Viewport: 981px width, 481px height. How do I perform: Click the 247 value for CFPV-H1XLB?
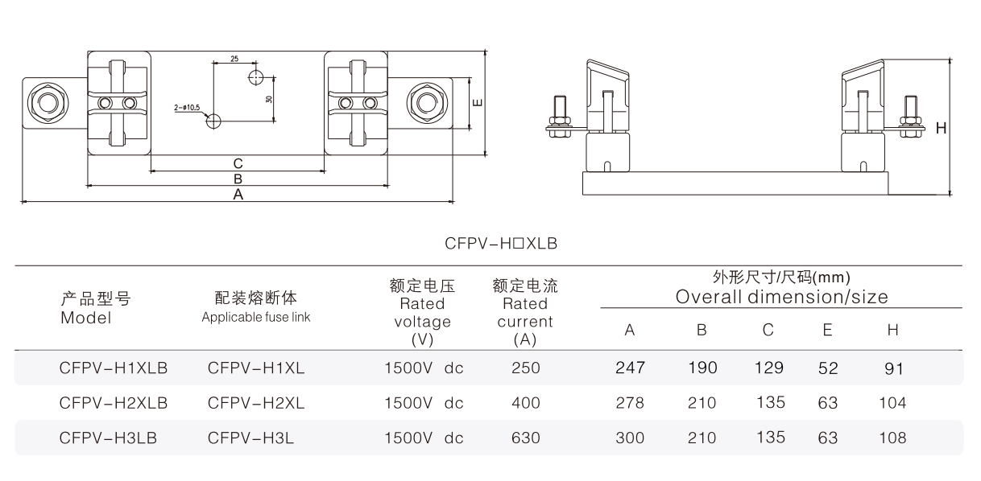click(x=630, y=368)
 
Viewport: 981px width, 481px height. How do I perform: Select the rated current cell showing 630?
click(x=526, y=438)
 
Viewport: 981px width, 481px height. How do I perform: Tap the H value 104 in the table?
click(x=892, y=403)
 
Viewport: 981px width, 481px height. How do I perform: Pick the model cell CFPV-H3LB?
click(x=108, y=438)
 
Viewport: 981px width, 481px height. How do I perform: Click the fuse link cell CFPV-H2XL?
click(x=256, y=403)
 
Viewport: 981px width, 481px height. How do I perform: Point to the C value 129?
click(x=769, y=368)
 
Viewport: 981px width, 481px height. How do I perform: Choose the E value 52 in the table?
click(x=828, y=368)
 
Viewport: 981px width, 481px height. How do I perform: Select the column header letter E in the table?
click(x=827, y=330)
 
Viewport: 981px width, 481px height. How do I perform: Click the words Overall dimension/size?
click(x=781, y=297)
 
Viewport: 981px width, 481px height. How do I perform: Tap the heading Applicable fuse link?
click(x=256, y=318)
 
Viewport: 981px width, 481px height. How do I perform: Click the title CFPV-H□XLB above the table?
click(x=501, y=241)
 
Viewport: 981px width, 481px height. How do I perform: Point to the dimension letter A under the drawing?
click(x=238, y=195)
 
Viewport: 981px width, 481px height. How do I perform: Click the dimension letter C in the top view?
click(x=238, y=163)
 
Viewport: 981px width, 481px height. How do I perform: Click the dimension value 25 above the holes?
click(x=234, y=60)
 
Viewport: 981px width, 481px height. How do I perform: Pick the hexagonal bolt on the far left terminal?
click(x=43, y=103)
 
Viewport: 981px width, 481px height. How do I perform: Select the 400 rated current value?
click(x=526, y=403)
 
